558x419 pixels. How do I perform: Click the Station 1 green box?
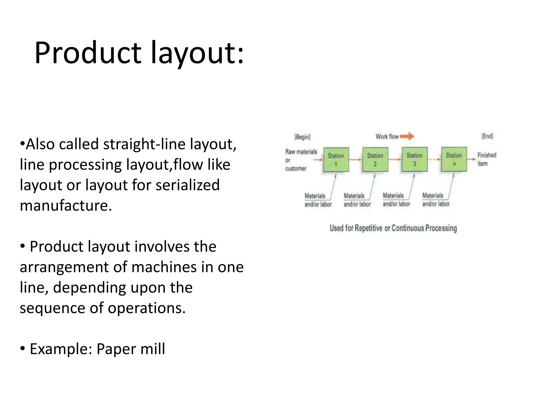point(336,160)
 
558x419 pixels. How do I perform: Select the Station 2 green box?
point(375,160)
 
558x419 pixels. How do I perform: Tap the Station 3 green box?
point(414,159)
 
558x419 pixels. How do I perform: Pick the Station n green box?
point(454,159)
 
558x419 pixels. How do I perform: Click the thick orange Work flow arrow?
point(407,136)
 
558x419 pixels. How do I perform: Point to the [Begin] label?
point(302,137)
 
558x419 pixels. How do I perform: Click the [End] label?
point(487,136)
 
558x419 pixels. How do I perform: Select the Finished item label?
point(487,159)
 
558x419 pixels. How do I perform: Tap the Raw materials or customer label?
point(301,160)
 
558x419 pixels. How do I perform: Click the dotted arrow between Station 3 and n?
point(434,159)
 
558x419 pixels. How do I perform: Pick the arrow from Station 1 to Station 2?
point(355,159)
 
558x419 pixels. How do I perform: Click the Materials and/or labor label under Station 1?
point(318,200)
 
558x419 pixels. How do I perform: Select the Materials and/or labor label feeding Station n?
point(435,200)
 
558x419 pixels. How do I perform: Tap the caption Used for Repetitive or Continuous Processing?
point(393,228)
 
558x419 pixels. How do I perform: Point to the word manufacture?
point(66,205)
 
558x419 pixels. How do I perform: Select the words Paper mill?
point(131,349)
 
